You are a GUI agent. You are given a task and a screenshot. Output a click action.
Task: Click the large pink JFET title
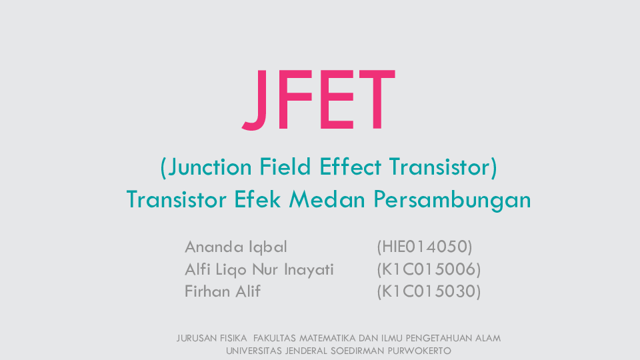319,101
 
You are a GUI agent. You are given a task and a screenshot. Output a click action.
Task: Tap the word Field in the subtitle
285,167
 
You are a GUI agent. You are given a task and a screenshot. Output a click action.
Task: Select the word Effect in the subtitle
350,167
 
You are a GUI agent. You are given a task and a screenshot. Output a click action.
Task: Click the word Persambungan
452,201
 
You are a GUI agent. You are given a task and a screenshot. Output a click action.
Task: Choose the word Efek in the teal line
257,199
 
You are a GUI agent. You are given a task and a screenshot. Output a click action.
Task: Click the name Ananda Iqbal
236,247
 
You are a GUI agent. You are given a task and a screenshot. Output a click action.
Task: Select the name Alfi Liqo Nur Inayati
259,270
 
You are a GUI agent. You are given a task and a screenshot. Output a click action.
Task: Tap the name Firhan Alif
223,291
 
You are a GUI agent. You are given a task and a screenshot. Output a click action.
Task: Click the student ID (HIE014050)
425,247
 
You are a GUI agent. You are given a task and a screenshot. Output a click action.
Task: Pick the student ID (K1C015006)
429,269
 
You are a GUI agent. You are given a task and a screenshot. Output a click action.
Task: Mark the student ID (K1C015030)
429,291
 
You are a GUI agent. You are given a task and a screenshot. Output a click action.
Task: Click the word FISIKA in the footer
234,339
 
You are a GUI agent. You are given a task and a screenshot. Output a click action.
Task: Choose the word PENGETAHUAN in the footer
441,339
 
